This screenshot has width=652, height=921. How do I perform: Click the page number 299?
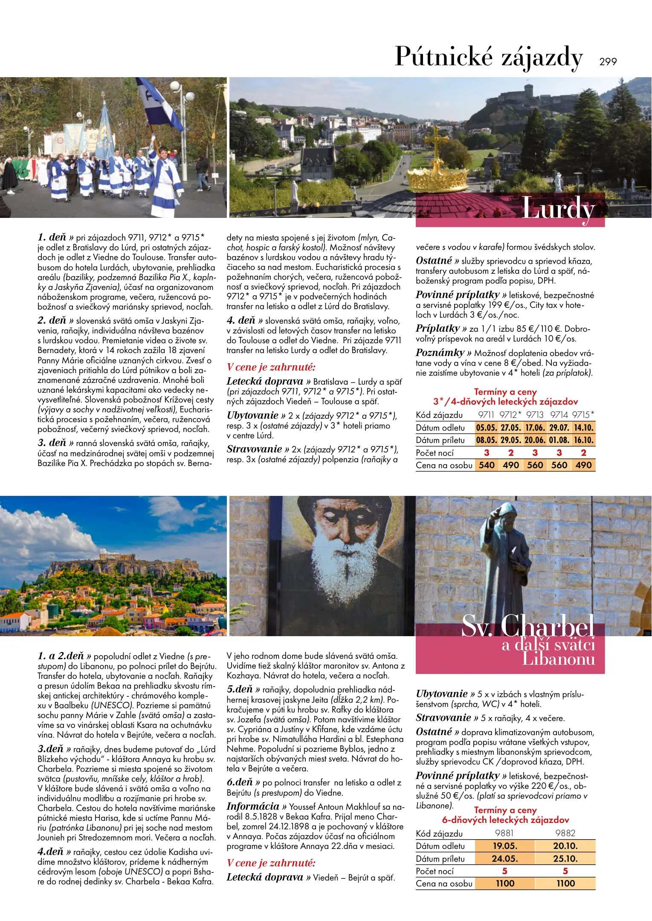pos(608,62)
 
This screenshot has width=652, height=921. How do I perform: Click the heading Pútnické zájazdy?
pos(489,57)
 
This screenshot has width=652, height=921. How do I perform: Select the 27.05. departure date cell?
pos(510,428)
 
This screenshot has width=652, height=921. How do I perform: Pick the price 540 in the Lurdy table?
pos(486,465)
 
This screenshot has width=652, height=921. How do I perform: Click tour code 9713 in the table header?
pos(535,415)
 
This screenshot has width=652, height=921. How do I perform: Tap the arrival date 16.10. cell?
pos(583,440)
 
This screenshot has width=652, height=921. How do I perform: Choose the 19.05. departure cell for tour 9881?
pos(505,846)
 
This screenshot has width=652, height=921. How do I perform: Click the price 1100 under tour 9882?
pos(565,883)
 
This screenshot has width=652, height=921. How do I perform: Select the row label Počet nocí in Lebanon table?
pos(435,871)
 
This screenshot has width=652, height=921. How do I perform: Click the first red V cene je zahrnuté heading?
pos(271,367)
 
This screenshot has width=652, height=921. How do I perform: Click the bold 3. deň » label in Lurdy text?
pos(55,443)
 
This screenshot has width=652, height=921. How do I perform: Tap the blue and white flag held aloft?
pos(160,102)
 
